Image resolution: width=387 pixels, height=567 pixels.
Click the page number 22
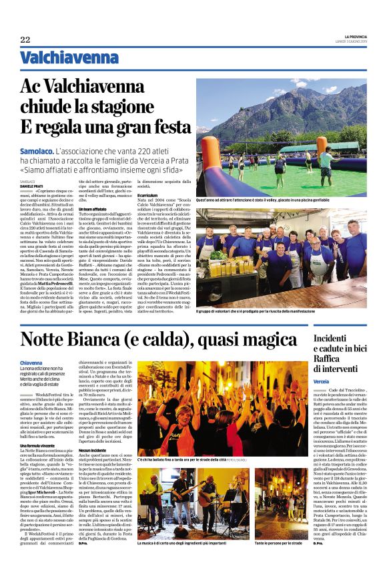(25, 39)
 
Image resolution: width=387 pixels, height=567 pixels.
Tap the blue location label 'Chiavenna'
(33, 362)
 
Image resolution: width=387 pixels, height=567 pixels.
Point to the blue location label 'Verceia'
(324, 379)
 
